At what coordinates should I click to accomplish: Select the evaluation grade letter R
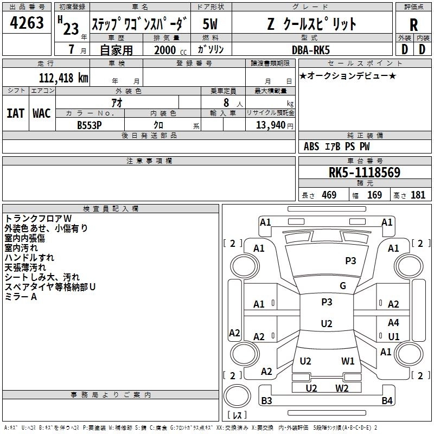click(x=413, y=24)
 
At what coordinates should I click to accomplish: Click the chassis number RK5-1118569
click(x=364, y=173)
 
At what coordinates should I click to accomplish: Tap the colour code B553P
click(x=90, y=124)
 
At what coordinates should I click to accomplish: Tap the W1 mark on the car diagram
click(x=348, y=361)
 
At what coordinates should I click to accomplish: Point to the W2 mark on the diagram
click(x=342, y=388)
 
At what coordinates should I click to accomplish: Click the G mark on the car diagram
click(x=343, y=286)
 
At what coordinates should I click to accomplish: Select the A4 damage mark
click(x=393, y=323)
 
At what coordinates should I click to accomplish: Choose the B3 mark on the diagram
click(x=266, y=401)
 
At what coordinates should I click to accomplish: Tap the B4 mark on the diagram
click(x=387, y=401)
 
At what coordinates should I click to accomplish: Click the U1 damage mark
click(x=393, y=336)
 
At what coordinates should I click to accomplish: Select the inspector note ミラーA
click(x=20, y=297)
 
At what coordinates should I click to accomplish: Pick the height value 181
click(x=418, y=195)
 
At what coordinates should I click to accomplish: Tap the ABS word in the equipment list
click(x=311, y=146)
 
